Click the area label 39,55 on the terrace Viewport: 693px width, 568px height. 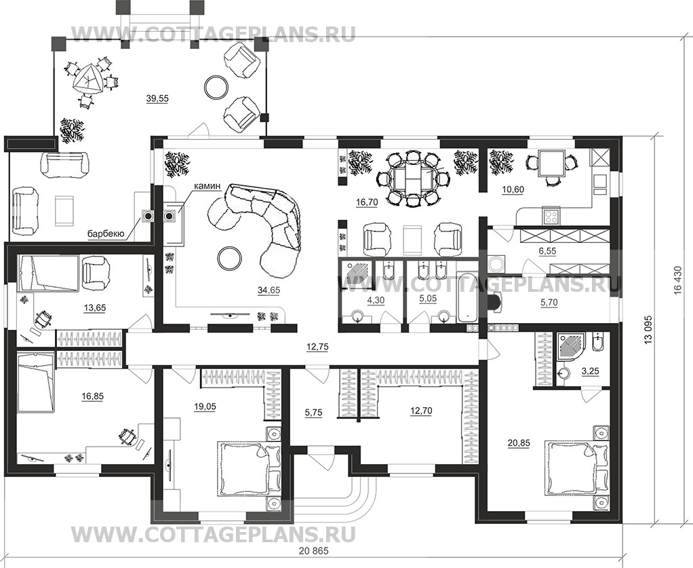click(157, 98)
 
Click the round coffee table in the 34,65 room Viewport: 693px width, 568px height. click(227, 256)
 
